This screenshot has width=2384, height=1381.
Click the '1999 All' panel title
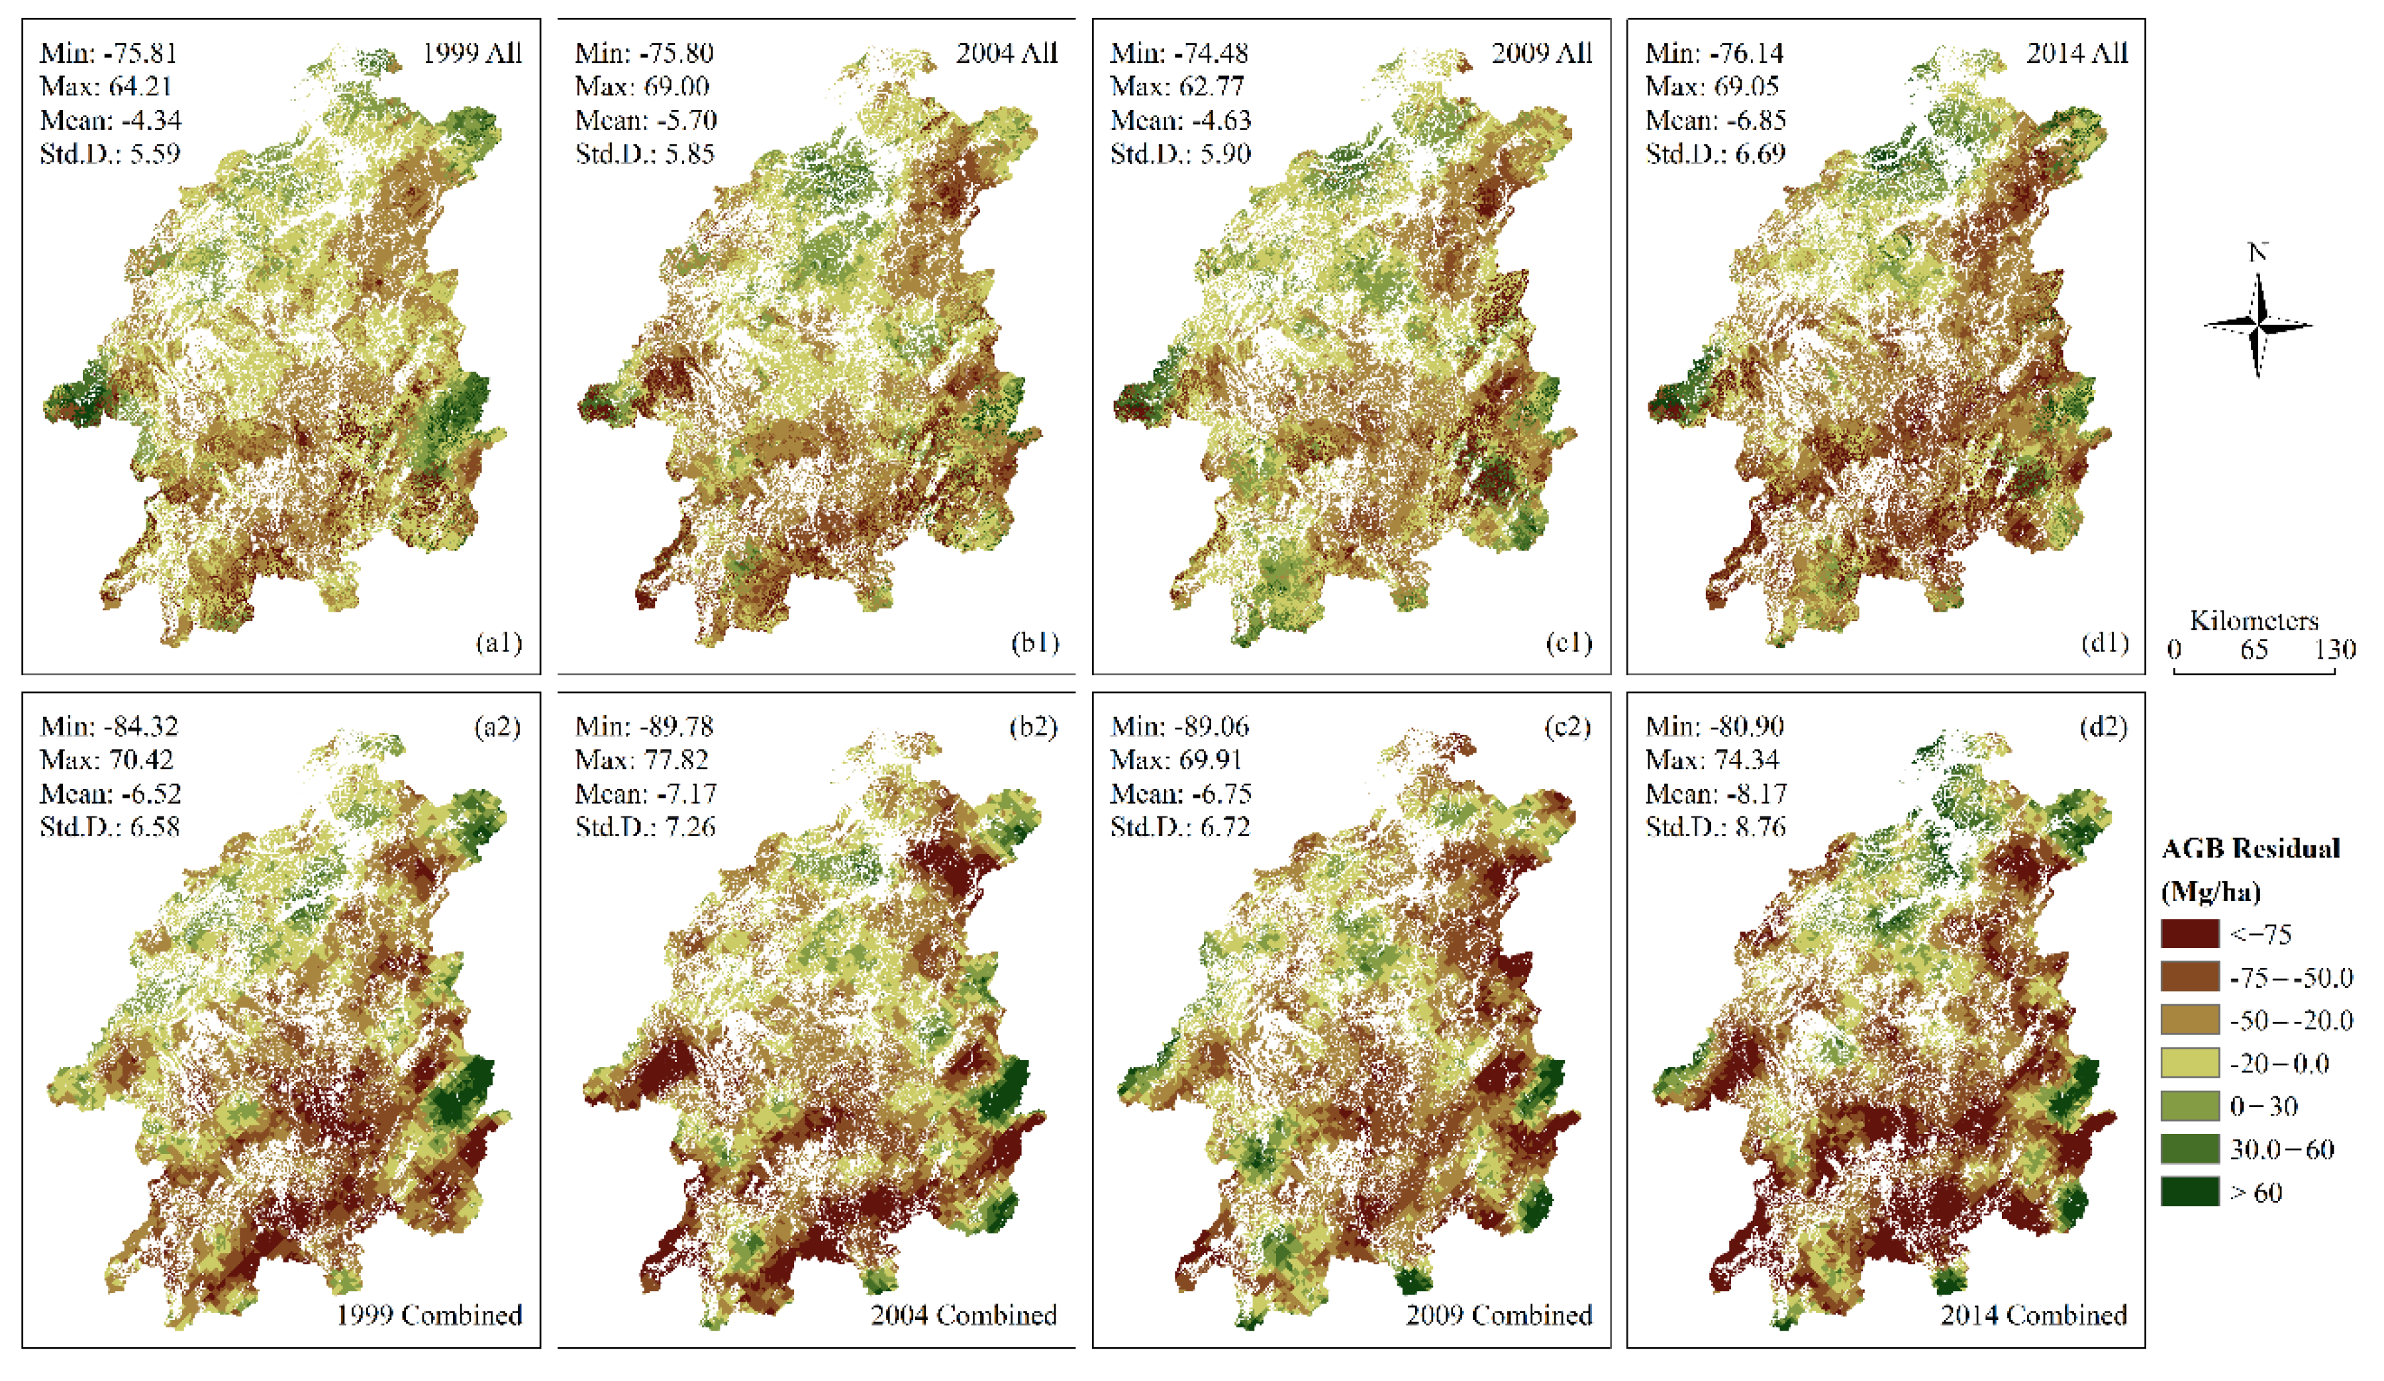[x=471, y=53]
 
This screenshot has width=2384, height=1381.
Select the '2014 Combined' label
[x=2033, y=1315]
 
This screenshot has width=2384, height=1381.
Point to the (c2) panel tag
[x=1567, y=726]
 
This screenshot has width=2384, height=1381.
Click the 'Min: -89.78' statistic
[x=644, y=726]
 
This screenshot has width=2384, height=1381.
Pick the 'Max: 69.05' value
[x=1713, y=87]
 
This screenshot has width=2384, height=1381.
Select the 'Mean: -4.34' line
[x=111, y=120]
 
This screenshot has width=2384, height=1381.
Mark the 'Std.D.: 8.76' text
[x=1715, y=827]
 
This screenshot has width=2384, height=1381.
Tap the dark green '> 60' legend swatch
[x=2189, y=1192]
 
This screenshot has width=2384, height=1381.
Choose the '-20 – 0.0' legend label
[x=2279, y=1063]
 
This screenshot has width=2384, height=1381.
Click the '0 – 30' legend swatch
[x=2189, y=1106]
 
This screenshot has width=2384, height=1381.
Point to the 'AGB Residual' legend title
[x=2250, y=849]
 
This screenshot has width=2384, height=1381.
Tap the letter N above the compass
[x=2258, y=252]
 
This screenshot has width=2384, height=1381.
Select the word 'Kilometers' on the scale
[x=2254, y=620]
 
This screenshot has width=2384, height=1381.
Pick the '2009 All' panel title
[x=1541, y=53]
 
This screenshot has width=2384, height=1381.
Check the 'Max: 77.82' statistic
[x=642, y=759]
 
